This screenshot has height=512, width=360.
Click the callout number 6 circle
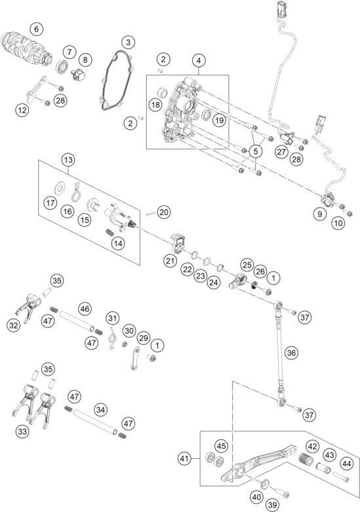36,28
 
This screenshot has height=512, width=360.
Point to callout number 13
69,159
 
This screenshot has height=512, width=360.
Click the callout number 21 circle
172,262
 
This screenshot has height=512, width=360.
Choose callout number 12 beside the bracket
23,111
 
